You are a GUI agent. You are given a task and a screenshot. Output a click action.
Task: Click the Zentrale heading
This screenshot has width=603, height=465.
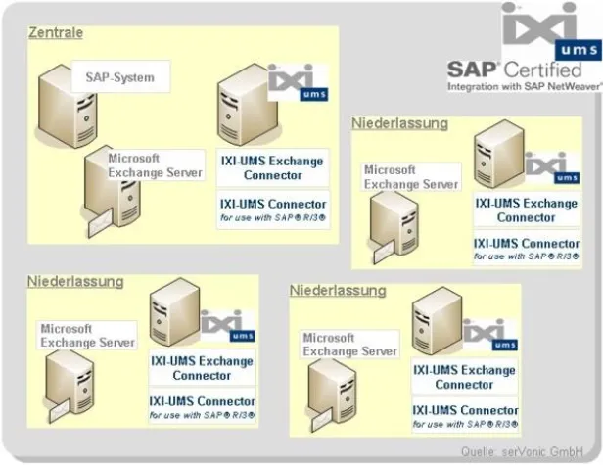click(x=55, y=33)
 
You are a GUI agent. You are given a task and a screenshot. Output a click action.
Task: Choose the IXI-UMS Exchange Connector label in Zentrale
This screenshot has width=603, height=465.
click(x=272, y=167)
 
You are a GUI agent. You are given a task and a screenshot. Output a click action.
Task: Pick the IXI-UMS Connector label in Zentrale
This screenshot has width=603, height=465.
click(x=273, y=204)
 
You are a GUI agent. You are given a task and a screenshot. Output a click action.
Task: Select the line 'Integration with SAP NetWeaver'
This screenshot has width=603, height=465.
click(x=524, y=86)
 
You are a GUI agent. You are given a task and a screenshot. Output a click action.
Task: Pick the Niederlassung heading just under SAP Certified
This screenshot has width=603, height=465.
click(x=399, y=123)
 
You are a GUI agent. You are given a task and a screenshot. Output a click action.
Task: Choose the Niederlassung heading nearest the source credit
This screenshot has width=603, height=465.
click(x=338, y=291)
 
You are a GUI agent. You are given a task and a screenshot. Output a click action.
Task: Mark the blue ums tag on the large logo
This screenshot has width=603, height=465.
click(x=579, y=50)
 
